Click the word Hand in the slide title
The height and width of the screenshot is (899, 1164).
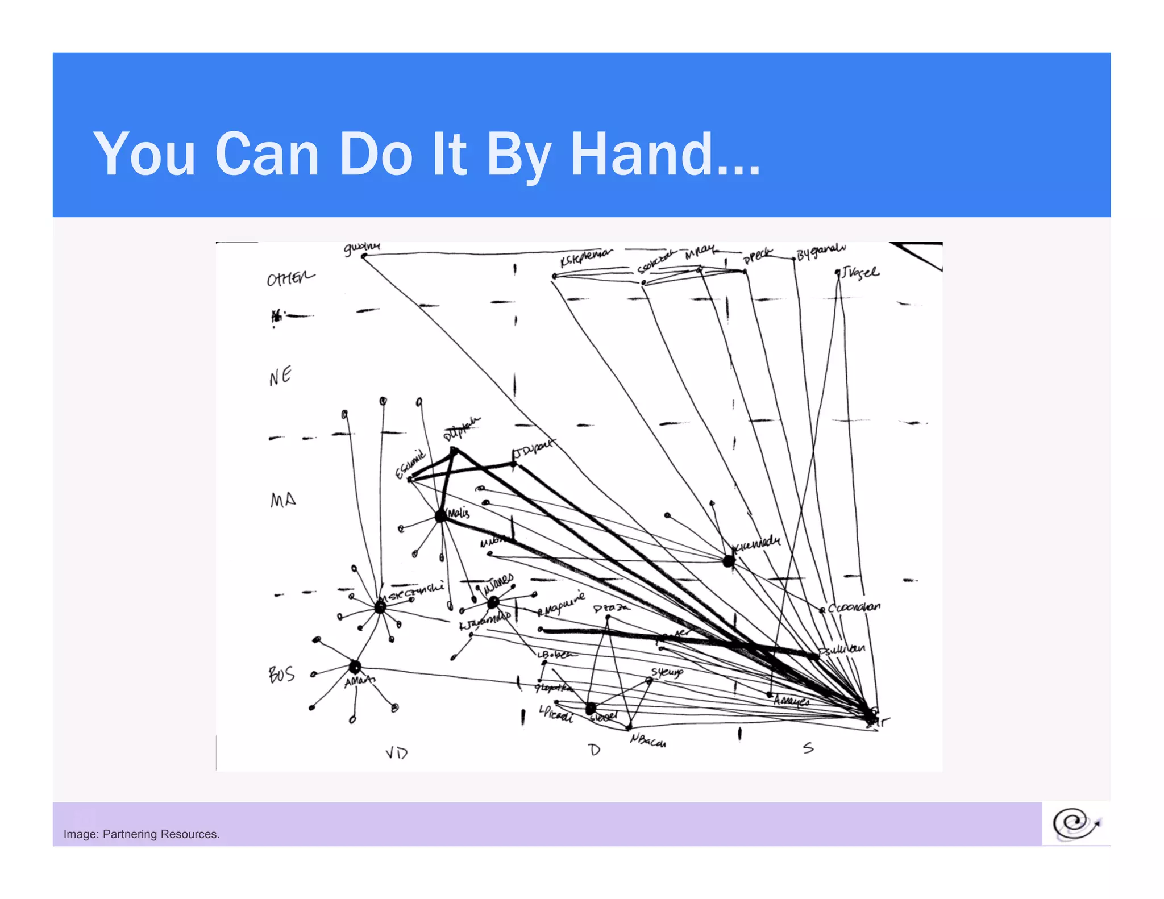click(665, 155)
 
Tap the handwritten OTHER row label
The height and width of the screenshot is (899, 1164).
click(290, 278)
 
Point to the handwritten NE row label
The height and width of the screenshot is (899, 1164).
click(280, 376)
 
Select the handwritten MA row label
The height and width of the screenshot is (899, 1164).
click(283, 500)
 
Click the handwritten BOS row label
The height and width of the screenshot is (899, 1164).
click(282, 675)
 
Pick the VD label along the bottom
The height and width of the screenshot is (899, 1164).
click(397, 753)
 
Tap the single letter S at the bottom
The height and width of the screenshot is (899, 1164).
click(808, 748)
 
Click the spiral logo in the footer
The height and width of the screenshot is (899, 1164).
click(1075, 824)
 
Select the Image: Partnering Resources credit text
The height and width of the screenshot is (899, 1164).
click(142, 834)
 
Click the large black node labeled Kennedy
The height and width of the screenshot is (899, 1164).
click(729, 561)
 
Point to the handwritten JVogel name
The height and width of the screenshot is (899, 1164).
click(860, 273)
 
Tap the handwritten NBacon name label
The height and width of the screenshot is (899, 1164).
click(648, 740)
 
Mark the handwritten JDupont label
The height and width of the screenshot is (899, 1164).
click(533, 449)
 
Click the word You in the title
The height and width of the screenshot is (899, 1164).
click(145, 155)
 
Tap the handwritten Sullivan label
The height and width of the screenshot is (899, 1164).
click(843, 649)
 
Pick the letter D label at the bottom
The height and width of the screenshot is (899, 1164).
click(594, 750)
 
